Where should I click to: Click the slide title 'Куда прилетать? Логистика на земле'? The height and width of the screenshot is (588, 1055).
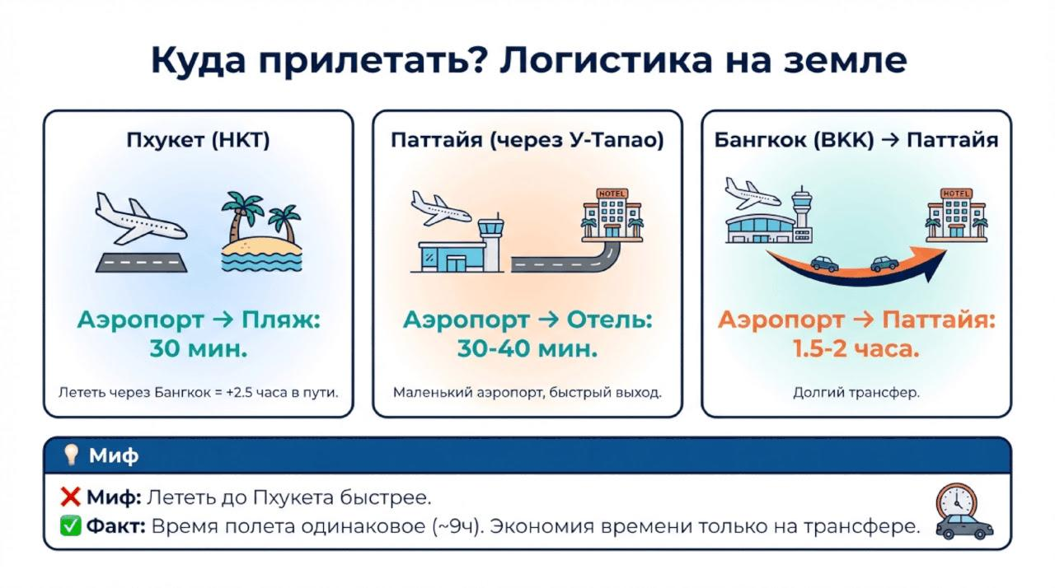(x=527, y=61)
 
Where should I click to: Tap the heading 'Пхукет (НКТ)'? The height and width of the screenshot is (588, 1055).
(x=198, y=141)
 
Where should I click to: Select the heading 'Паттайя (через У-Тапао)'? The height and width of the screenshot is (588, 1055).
(x=527, y=141)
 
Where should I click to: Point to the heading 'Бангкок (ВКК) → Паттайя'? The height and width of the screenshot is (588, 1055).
(x=856, y=141)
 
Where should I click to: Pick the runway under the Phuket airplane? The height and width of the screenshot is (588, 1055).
(x=141, y=262)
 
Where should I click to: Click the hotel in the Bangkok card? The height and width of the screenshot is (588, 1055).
(x=956, y=214)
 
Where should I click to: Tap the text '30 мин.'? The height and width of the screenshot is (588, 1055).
(x=198, y=348)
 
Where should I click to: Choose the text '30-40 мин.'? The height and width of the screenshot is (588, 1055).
(x=527, y=348)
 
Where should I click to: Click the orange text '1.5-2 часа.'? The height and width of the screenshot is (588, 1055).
(x=856, y=348)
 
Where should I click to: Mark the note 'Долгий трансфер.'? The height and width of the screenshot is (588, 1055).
(x=856, y=393)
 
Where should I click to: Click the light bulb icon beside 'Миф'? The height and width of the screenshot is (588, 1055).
(x=72, y=455)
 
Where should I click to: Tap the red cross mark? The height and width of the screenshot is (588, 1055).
(x=70, y=497)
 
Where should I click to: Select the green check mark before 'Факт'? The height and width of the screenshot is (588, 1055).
(x=70, y=526)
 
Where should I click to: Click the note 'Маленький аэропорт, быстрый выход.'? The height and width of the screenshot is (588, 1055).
(x=527, y=393)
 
